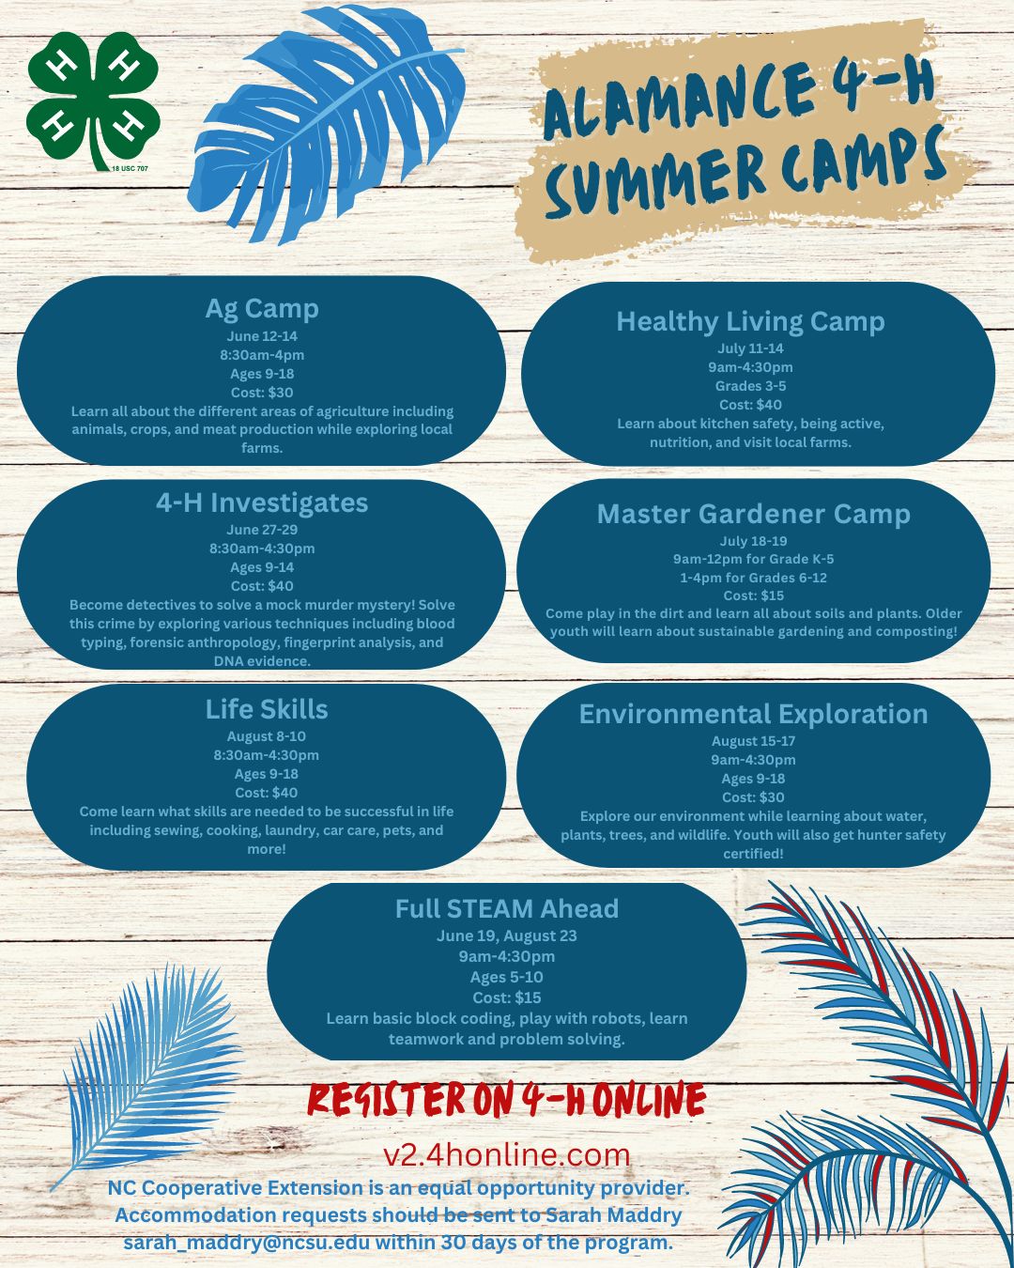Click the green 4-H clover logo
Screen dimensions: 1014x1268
point(93,101)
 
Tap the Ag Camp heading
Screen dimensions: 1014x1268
point(262,309)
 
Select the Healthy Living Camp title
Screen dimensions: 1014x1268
point(750,322)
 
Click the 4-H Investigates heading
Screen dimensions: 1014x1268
point(262,503)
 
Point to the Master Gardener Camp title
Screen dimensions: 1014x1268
point(754,514)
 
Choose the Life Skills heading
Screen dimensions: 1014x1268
point(267,709)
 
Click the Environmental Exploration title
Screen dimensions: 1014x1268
point(754,714)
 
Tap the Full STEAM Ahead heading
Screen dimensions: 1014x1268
point(507,908)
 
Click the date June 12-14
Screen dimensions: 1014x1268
point(262,336)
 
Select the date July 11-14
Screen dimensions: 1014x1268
point(750,348)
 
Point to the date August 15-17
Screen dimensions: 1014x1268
point(754,741)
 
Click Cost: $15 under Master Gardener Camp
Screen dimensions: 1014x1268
point(754,595)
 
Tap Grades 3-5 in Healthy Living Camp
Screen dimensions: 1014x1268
point(750,386)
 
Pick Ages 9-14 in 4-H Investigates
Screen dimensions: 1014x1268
point(262,567)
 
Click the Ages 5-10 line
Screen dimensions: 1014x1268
point(507,977)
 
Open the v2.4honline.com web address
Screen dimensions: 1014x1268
point(507,1154)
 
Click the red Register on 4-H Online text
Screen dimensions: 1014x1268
point(507,1099)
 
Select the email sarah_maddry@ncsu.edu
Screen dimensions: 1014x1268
point(246,1243)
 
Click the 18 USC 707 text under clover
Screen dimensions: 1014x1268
point(130,169)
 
